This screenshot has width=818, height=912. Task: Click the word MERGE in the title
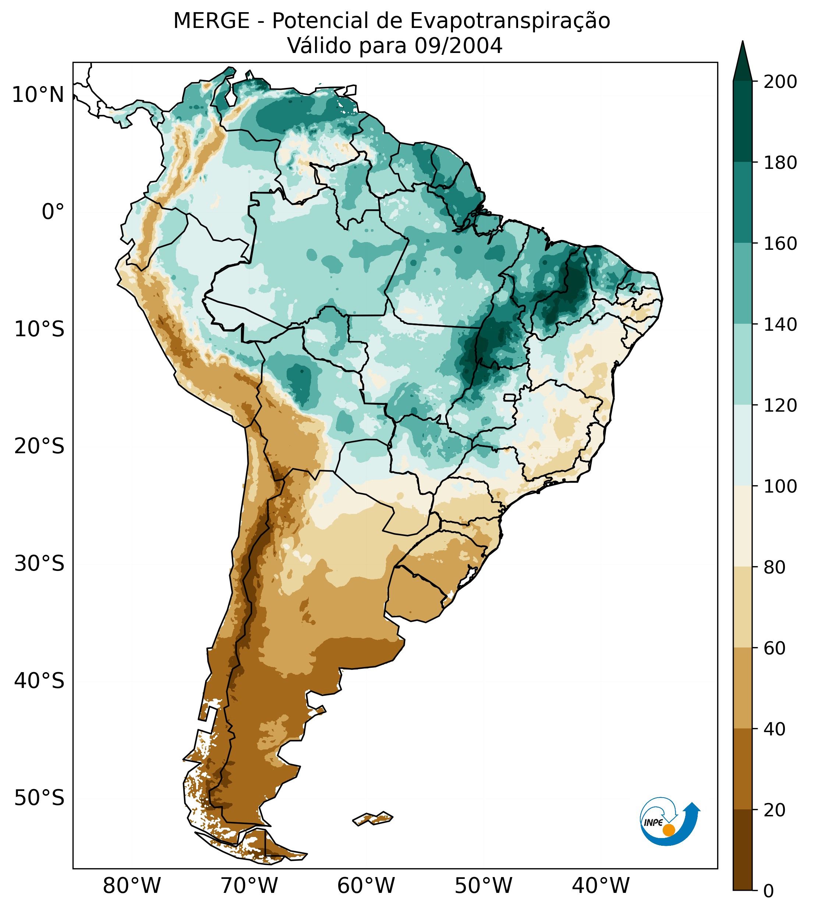pyautogui.click(x=211, y=21)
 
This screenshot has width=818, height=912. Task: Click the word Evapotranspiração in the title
pyautogui.click(x=510, y=21)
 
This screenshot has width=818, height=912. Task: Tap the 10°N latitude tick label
pyautogui.click(x=38, y=95)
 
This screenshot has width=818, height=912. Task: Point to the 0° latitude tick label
pyautogui.click(x=53, y=212)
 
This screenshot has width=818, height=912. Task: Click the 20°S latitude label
pyautogui.click(x=39, y=446)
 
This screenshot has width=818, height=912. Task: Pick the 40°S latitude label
pyautogui.click(x=39, y=681)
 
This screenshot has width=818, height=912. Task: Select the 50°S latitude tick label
pyautogui.click(x=39, y=798)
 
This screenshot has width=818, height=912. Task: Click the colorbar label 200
pyautogui.click(x=780, y=82)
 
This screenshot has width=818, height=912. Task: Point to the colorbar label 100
pyautogui.click(x=780, y=486)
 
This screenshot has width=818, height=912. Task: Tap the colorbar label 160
pyautogui.click(x=780, y=244)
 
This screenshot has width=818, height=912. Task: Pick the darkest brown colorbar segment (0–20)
pyautogui.click(x=743, y=849)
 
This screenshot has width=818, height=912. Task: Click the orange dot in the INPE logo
pyautogui.click(x=669, y=830)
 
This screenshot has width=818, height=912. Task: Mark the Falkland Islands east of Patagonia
pyautogui.click(x=373, y=819)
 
